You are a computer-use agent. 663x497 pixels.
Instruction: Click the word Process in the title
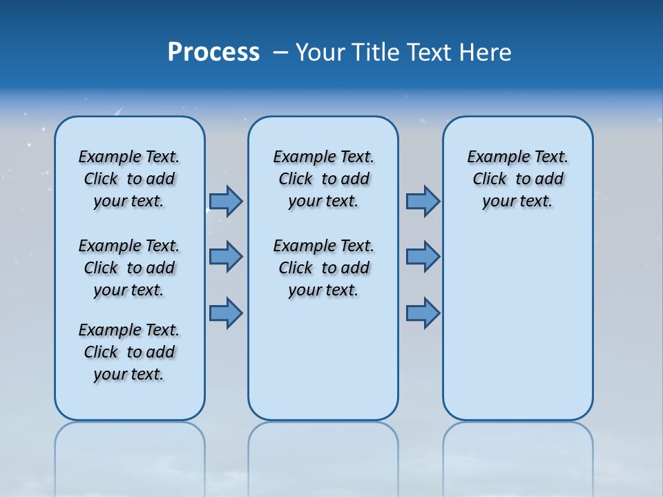pos(213,52)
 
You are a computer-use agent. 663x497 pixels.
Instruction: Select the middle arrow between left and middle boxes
pos(225,257)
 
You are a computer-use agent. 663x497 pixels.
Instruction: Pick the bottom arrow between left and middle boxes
pos(225,313)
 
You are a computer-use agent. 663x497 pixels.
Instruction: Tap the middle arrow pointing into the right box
pos(423,257)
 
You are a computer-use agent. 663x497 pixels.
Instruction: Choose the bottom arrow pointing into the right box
pos(423,313)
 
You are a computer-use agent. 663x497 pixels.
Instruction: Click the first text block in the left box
pos(129,179)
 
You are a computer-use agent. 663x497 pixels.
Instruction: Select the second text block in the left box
pos(129,268)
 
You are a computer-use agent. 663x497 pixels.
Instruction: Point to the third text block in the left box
pos(129,352)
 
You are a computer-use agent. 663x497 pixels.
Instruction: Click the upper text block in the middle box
pos(323,179)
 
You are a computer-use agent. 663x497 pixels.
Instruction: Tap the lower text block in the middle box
pos(323,268)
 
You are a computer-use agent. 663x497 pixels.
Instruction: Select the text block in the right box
pos(517,179)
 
